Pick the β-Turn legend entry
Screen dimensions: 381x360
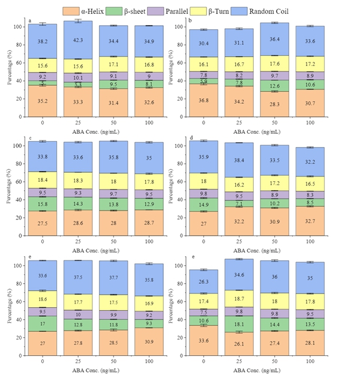[x=250, y=10]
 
